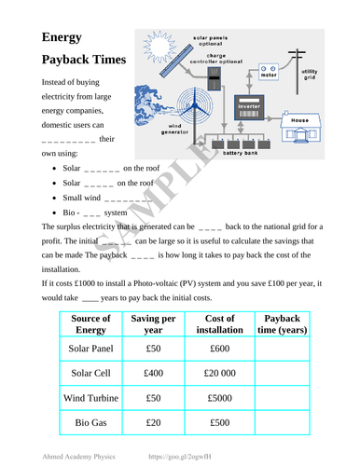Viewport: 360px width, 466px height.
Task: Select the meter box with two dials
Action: click(272, 71)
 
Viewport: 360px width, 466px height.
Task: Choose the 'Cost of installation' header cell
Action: click(219, 324)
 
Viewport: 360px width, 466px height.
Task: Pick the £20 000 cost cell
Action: click(219, 373)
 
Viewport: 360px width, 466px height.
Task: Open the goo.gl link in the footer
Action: click(187, 458)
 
